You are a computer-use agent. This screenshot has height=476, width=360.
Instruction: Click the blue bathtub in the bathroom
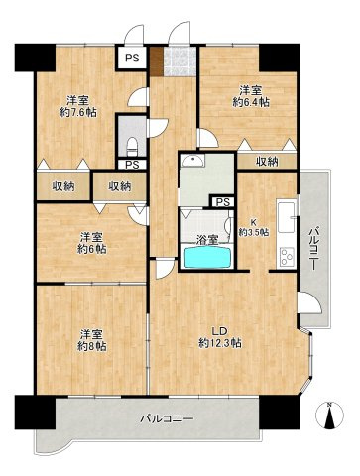[x=207, y=258]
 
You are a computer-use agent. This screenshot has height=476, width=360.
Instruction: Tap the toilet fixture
[x=130, y=145]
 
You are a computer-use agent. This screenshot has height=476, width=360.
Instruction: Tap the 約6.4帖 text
[x=248, y=101]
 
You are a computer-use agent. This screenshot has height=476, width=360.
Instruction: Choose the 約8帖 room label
[x=92, y=345]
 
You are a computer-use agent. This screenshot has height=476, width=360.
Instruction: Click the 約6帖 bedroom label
[x=92, y=250]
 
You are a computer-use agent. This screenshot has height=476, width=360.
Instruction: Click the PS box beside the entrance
[x=131, y=59]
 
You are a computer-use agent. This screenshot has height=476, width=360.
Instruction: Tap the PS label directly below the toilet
[x=131, y=165]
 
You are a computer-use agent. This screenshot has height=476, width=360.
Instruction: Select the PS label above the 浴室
[x=222, y=202]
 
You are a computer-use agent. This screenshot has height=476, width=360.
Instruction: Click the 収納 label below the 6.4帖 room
[x=266, y=161]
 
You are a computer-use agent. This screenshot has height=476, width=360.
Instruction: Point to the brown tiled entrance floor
[x=178, y=64]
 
